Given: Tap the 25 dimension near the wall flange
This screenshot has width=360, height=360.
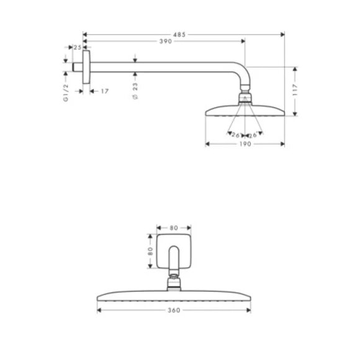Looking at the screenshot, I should [x=78, y=47].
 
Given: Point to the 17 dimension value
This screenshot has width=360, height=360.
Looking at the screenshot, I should [x=104, y=91].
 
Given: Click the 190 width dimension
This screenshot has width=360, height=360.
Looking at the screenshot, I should [x=245, y=145].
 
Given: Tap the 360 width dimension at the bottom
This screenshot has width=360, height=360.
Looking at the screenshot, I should [x=174, y=310].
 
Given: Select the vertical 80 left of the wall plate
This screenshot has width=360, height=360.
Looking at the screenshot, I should [x=150, y=252].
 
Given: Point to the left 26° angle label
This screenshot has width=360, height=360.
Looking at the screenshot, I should [x=236, y=135].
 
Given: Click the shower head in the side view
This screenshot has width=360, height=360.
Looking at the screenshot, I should [x=245, y=112].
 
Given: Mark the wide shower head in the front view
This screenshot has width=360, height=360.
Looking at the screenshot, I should [x=174, y=295].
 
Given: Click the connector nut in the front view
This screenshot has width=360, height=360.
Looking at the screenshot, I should [x=174, y=285].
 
